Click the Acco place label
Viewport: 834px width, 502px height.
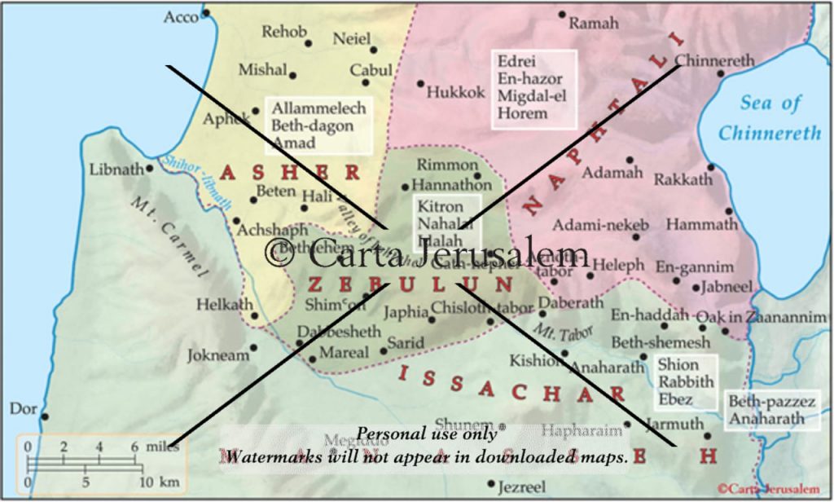coord(181,16)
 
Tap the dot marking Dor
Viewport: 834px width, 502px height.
coord(45,416)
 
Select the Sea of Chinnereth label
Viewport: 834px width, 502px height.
coord(770,117)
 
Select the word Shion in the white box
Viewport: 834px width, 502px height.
coord(678,364)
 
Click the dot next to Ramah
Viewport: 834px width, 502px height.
coord(562,15)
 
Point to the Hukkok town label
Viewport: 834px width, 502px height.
coord(456,92)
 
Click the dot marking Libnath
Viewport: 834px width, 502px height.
coord(150,169)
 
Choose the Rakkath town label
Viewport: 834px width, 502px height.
coord(683,179)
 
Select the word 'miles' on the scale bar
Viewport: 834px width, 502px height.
coord(162,447)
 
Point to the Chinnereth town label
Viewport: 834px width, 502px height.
coord(714,60)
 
